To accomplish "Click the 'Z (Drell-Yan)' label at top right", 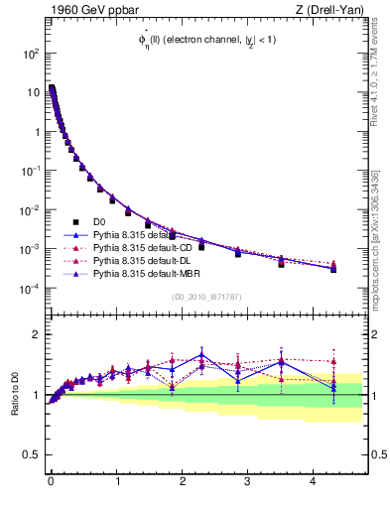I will [326, 10].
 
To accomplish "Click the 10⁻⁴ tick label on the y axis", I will [31, 289].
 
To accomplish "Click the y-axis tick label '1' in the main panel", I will [36, 132].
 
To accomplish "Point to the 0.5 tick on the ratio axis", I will [31, 455].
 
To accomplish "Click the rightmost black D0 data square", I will [333, 269].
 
